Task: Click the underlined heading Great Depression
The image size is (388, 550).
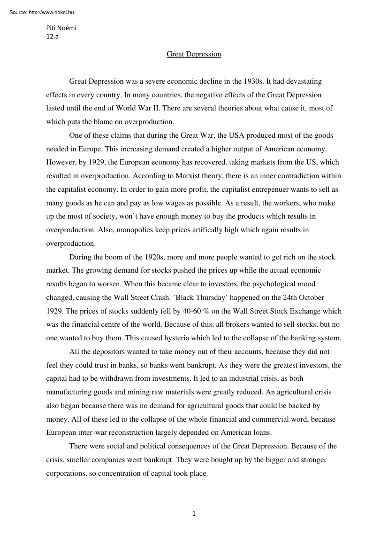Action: click(194, 54)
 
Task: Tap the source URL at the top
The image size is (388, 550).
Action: click(42, 12)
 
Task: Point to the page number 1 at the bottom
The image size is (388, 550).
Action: click(194, 513)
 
